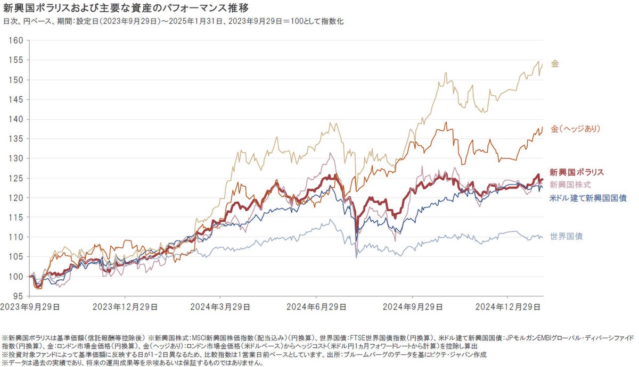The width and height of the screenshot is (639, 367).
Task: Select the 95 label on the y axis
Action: coord(18,296)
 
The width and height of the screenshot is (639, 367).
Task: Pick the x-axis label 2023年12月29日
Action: coord(125,307)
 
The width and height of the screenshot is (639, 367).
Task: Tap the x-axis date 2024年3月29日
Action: coord(221,307)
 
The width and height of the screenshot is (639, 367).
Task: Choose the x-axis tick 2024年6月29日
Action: coord(316,307)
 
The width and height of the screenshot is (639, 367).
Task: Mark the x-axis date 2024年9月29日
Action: coord(412,307)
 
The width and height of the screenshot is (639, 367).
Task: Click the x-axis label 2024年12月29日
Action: coord(508,307)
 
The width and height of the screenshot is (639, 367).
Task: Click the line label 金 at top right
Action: coord(555,64)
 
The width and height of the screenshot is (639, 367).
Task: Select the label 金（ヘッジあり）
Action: coord(576,129)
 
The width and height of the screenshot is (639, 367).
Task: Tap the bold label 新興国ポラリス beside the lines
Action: coord(577,172)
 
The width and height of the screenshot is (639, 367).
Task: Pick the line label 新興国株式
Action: coord(570,185)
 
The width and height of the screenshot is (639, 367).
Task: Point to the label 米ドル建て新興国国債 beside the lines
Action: coord(587,198)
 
